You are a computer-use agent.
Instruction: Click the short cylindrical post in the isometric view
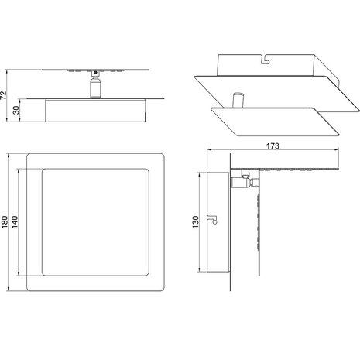[238, 101]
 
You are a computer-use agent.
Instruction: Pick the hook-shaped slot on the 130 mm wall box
[208, 221]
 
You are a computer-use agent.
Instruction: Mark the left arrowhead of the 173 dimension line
[208, 153]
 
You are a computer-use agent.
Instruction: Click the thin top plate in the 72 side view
[93, 68]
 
